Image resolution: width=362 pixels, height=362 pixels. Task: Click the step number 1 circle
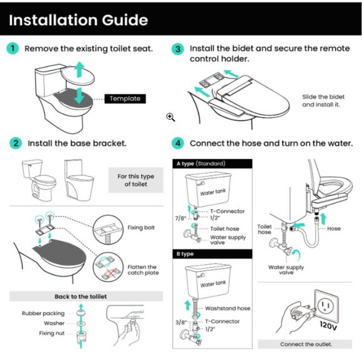(x=12, y=48)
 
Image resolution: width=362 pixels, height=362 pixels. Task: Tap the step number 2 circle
(x=16, y=143)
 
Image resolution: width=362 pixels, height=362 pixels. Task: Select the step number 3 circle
(x=178, y=49)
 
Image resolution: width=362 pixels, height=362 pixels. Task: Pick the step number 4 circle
(x=178, y=143)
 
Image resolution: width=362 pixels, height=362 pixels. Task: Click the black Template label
(x=125, y=99)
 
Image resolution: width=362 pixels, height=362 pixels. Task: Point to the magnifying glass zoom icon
(x=170, y=117)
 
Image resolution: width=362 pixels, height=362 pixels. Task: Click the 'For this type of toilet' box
(x=136, y=180)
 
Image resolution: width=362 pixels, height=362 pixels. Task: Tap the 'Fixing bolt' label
(x=141, y=228)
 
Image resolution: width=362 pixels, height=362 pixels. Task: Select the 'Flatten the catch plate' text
(x=143, y=270)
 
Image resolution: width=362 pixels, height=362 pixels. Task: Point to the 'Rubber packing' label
(x=43, y=313)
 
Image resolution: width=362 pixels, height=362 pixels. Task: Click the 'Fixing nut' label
(x=52, y=333)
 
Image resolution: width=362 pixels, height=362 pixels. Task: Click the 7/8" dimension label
(x=180, y=218)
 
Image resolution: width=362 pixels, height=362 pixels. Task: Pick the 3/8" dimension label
(x=181, y=322)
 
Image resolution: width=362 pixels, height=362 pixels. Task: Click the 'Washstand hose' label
(x=228, y=308)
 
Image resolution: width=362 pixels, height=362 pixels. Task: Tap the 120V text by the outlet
(x=328, y=326)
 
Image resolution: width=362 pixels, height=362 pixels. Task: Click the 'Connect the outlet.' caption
(x=306, y=345)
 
